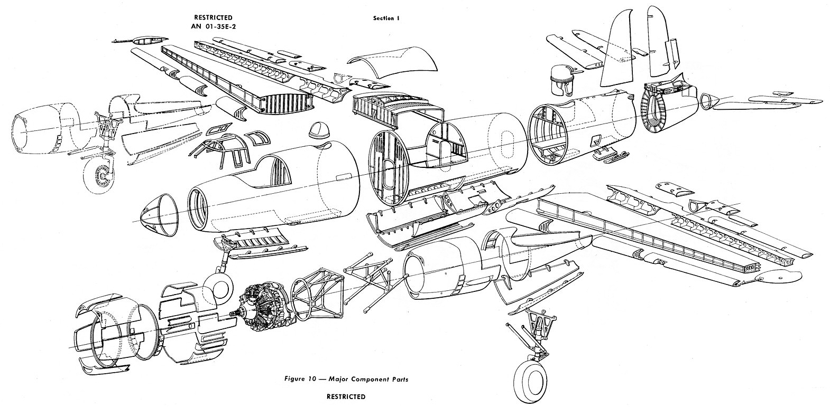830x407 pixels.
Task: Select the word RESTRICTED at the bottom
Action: (345, 396)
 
